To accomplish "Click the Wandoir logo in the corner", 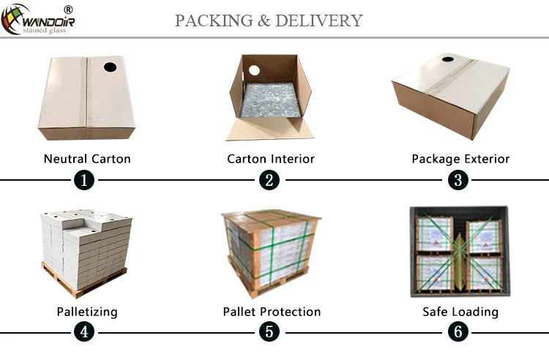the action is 38,20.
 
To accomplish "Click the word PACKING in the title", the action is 214,20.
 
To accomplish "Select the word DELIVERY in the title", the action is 318,20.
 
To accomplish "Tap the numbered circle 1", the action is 84,180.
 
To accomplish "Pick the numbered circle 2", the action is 269,180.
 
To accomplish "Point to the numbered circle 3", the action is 458,180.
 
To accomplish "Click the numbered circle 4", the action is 84,332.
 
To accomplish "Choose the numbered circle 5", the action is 269,332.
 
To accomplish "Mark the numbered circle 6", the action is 458,332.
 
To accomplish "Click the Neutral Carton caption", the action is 87,160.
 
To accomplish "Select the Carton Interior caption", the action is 271,160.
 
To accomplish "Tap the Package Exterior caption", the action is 460,160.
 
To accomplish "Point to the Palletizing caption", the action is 87,312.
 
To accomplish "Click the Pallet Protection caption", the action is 272,312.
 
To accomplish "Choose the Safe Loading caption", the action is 460,312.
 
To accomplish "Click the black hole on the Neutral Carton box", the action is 110,67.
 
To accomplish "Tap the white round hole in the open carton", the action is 254,70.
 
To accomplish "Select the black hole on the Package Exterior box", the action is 448,59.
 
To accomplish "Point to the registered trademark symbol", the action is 68,10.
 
